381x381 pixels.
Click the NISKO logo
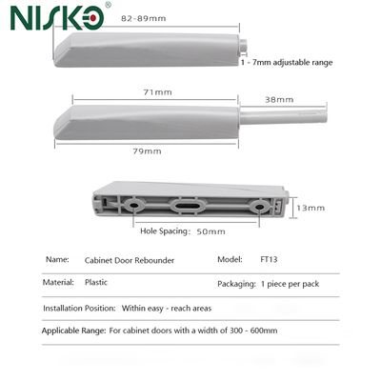pos(57,18)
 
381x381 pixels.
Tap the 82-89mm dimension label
pos(144,18)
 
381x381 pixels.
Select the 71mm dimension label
pos(158,92)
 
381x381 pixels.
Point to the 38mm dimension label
pos(279,100)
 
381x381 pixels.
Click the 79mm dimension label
pos(147,151)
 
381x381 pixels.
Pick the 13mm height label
pos(311,208)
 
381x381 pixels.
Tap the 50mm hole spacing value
pos(211,231)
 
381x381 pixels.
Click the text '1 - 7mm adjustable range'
pos(287,62)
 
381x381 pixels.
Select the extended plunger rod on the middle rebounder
pos(283,116)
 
